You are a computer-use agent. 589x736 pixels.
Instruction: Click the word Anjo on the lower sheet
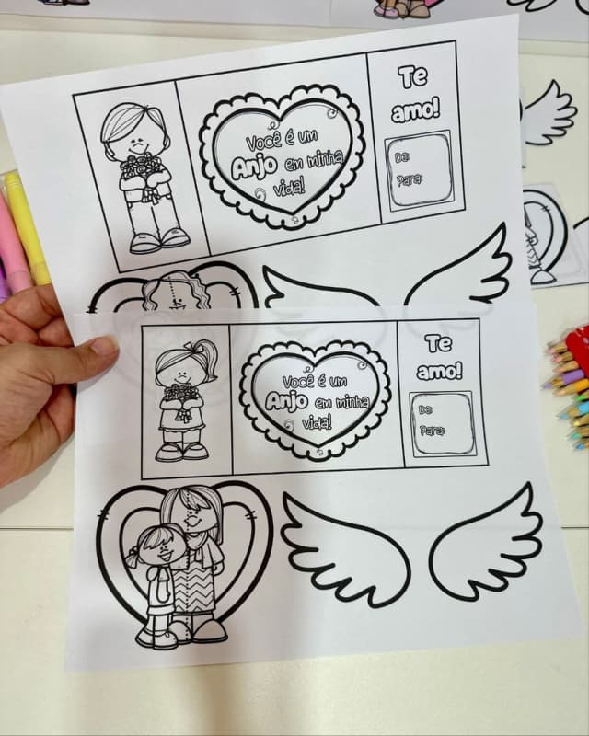tap(286, 400)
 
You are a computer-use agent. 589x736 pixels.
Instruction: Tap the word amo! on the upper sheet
tap(415, 111)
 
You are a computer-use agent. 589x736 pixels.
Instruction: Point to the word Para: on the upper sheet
tap(409, 179)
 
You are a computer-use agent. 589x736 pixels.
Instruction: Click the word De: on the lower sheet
tap(425, 409)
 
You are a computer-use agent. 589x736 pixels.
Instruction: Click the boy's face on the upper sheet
tap(136, 141)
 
